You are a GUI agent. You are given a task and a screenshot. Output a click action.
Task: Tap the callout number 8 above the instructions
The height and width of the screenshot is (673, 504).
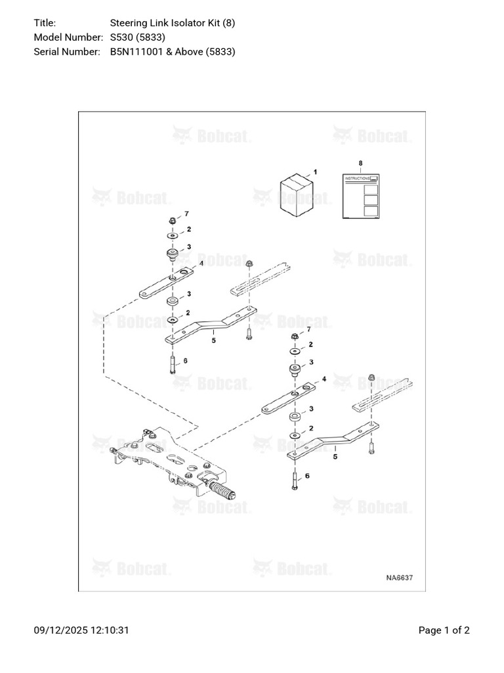click(x=360, y=162)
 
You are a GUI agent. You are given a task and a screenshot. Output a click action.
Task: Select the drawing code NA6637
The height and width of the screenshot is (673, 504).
click(x=399, y=578)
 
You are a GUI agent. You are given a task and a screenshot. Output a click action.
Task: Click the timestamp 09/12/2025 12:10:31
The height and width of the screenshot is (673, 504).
click(x=81, y=630)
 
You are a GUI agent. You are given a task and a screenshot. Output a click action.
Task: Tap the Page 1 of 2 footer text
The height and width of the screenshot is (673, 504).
click(x=444, y=630)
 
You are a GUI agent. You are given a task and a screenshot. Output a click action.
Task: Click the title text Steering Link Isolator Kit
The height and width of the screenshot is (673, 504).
click(x=165, y=23)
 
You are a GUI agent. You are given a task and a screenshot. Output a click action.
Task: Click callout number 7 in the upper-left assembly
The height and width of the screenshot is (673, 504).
click(x=186, y=214)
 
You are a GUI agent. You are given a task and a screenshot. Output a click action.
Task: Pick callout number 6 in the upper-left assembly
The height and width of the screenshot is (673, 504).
click(x=186, y=361)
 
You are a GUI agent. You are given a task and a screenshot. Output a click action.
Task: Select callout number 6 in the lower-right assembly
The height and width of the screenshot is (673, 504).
click(x=307, y=475)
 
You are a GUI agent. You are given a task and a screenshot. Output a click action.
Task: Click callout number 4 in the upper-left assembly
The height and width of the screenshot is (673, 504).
click(x=201, y=263)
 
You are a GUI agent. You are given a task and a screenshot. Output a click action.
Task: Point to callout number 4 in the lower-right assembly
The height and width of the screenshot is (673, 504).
click(x=324, y=380)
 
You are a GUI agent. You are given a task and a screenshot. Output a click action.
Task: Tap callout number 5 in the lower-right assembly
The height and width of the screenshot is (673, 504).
click(x=335, y=456)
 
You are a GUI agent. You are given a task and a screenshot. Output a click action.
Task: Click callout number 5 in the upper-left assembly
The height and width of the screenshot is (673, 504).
click(x=213, y=340)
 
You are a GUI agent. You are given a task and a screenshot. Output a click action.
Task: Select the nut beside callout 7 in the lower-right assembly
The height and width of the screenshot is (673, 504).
click(x=295, y=336)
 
